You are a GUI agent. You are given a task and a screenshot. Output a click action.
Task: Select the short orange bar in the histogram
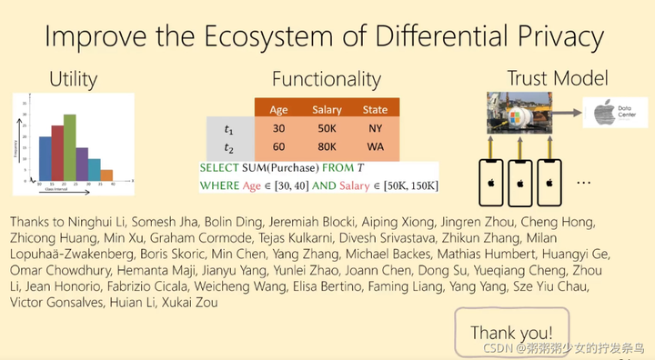(x=106, y=175)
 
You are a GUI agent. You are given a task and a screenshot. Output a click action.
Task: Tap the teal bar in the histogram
(x=95, y=169)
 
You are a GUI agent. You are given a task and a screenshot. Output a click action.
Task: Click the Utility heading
(x=73, y=78)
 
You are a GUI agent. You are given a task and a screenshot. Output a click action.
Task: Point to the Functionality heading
(x=326, y=79)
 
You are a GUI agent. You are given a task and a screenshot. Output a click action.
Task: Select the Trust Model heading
(x=557, y=78)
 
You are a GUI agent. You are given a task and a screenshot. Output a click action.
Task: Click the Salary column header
(x=327, y=110)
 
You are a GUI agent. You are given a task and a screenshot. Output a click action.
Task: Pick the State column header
(x=375, y=110)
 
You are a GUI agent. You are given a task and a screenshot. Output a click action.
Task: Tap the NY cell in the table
(x=375, y=128)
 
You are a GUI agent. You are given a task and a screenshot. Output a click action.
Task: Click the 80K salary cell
(x=327, y=146)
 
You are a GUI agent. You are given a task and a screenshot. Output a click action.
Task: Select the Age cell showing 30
(x=278, y=128)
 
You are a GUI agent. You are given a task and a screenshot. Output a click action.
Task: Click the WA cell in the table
(x=375, y=146)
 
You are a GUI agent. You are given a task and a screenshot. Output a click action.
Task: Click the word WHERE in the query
(x=219, y=186)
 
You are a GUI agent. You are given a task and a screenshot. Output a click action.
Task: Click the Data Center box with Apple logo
(x=610, y=115)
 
